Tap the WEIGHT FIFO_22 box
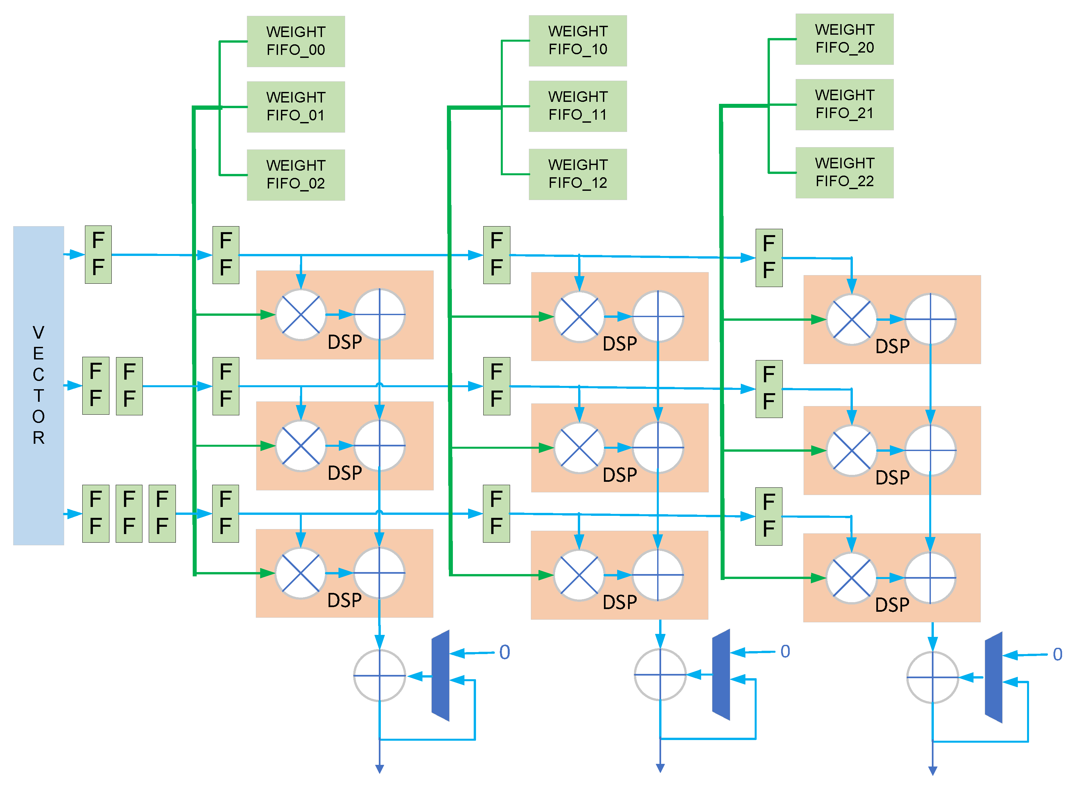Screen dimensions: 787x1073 (x=844, y=173)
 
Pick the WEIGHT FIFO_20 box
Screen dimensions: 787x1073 (x=844, y=39)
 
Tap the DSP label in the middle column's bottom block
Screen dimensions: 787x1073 (x=619, y=602)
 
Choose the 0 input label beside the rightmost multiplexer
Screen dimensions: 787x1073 (x=1057, y=654)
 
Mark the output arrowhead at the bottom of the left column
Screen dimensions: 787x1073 (x=379, y=768)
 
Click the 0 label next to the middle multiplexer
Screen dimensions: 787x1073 (x=785, y=651)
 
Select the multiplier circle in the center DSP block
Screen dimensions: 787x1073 (x=579, y=447)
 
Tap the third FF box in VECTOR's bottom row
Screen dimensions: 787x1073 (x=162, y=513)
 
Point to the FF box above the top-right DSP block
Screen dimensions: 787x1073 (x=768, y=257)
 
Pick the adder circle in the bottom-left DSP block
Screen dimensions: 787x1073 (x=379, y=573)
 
